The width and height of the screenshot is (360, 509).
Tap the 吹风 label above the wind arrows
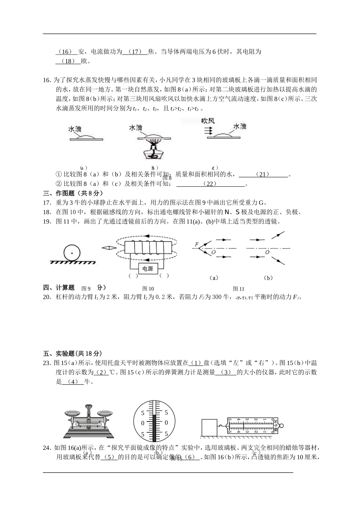(x=208, y=121)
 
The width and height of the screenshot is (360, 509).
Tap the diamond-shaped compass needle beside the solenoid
(x=108, y=248)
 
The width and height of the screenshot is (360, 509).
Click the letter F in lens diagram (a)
(x=197, y=244)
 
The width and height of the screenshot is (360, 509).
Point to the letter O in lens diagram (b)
(x=267, y=252)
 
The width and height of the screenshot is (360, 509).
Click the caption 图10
(x=148, y=289)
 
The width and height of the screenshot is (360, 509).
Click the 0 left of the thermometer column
(x=142, y=422)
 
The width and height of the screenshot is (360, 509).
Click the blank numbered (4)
(x=72, y=382)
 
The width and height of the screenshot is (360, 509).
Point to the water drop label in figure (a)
(x=75, y=129)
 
